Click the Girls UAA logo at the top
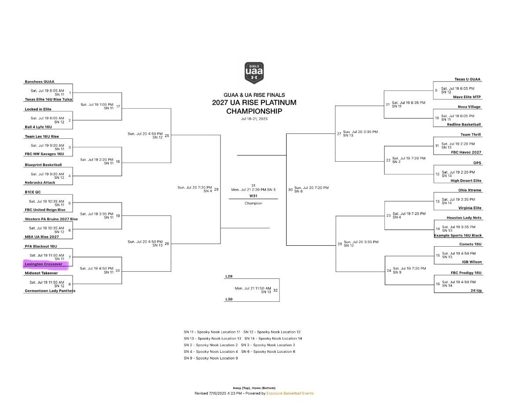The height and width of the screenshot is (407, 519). (x=254, y=73)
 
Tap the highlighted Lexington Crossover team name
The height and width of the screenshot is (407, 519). (x=44, y=264)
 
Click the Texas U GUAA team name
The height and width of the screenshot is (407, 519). (x=467, y=79)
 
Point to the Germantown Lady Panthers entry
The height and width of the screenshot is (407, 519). (x=50, y=291)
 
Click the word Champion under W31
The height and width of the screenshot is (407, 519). (x=253, y=203)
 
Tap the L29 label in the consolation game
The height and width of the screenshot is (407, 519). (x=228, y=276)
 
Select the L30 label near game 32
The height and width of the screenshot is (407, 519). (x=228, y=300)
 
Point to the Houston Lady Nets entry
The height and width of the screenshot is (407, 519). (x=464, y=218)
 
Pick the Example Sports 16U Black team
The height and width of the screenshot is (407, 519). (x=458, y=236)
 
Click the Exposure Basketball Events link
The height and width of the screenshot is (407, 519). (x=290, y=393)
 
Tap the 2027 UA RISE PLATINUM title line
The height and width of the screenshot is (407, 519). (x=254, y=103)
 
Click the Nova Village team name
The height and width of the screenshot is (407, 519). (x=469, y=107)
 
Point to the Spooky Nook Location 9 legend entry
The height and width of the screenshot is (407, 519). (x=211, y=358)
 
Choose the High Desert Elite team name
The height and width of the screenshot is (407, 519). (x=466, y=181)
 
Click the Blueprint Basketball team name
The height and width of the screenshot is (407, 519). (x=43, y=165)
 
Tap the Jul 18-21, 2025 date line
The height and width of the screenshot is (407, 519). (x=254, y=119)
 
